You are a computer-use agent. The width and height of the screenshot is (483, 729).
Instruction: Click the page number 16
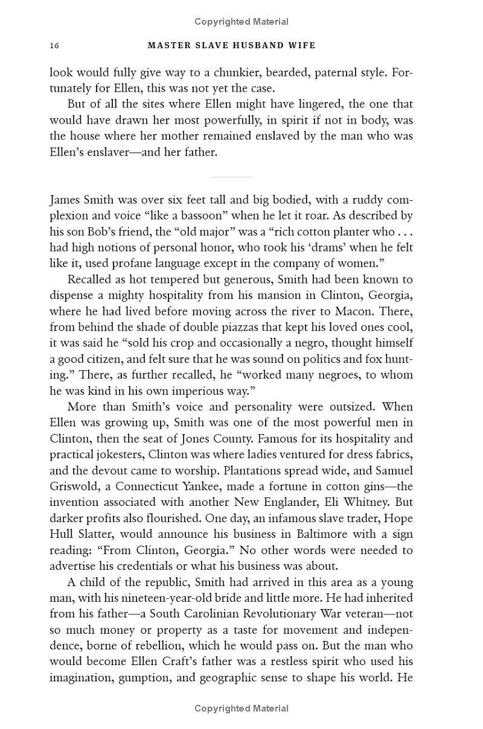(54, 46)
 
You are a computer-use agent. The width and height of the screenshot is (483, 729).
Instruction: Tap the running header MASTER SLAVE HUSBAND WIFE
(232, 46)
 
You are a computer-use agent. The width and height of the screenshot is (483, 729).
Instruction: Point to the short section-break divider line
(231, 177)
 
